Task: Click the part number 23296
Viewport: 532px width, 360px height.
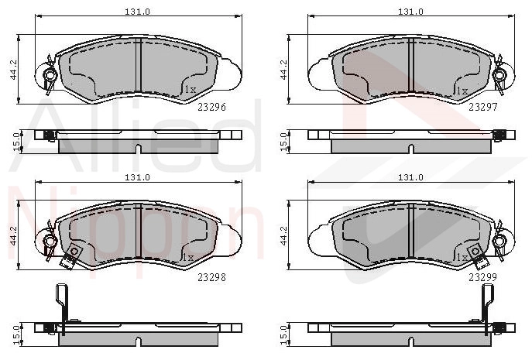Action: point(211,107)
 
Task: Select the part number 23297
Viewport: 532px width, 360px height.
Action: point(482,107)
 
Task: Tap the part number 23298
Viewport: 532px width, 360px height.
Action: point(211,278)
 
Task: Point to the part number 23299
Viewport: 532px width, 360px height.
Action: point(482,278)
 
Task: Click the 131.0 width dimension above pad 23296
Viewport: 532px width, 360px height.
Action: point(137,12)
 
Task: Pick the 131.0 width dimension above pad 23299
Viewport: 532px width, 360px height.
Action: point(410,177)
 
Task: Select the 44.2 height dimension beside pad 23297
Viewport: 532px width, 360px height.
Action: point(284,70)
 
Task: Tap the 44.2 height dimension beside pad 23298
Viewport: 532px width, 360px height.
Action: point(14,236)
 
